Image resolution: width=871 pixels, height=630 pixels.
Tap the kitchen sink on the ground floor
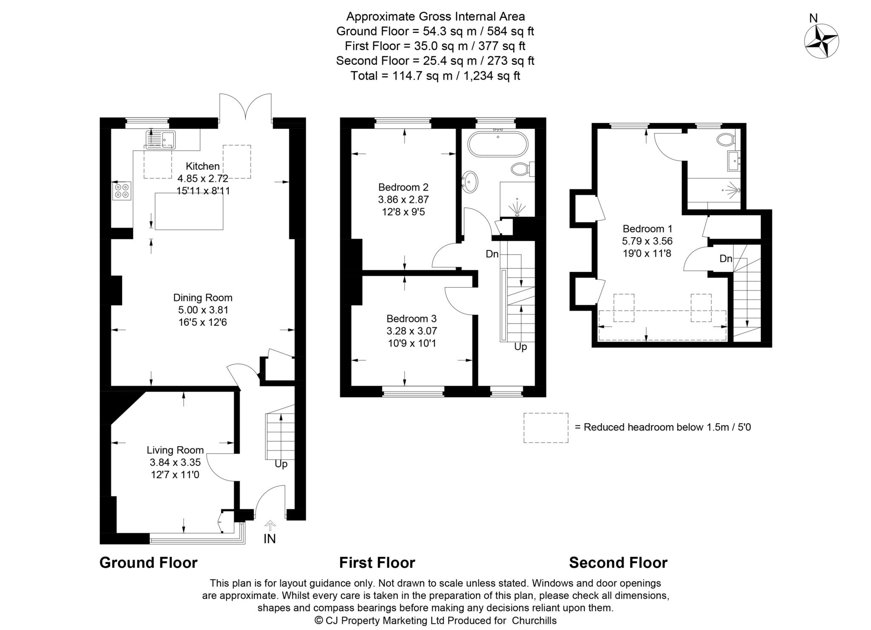coord(160,140)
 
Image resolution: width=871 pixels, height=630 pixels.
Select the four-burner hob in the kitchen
coord(122,191)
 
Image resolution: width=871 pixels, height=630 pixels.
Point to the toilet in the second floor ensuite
coord(725,139)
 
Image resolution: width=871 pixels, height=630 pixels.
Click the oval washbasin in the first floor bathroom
coord(470,183)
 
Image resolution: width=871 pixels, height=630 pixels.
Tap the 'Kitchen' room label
coord(203,166)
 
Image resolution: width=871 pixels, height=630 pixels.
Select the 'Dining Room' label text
coord(203,298)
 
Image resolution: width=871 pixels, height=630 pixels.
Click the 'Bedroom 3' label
coord(412,319)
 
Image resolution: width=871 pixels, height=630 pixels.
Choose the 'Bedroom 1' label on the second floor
coord(647,229)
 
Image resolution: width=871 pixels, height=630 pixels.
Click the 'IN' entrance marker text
coord(270,539)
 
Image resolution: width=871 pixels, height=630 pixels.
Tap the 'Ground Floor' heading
coord(148,563)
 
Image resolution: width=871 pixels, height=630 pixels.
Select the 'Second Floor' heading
coord(618,563)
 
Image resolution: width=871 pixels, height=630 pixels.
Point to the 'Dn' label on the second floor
coord(726,259)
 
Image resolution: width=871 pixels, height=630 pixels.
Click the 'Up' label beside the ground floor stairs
coord(281,464)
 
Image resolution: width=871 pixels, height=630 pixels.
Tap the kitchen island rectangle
coord(189,211)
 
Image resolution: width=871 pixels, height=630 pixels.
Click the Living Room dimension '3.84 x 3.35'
coord(175,462)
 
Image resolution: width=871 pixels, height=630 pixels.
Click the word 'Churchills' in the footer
coord(534,621)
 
